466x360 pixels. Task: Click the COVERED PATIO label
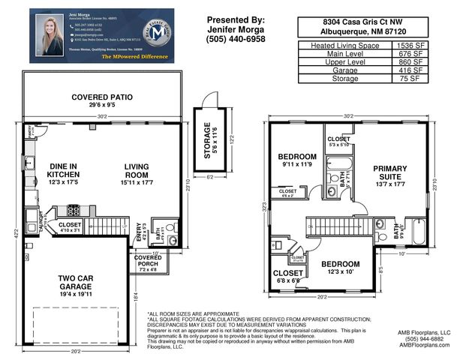tap(101, 97)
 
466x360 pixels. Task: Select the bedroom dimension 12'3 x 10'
tap(340, 271)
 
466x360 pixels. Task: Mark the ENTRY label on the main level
tap(141, 235)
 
